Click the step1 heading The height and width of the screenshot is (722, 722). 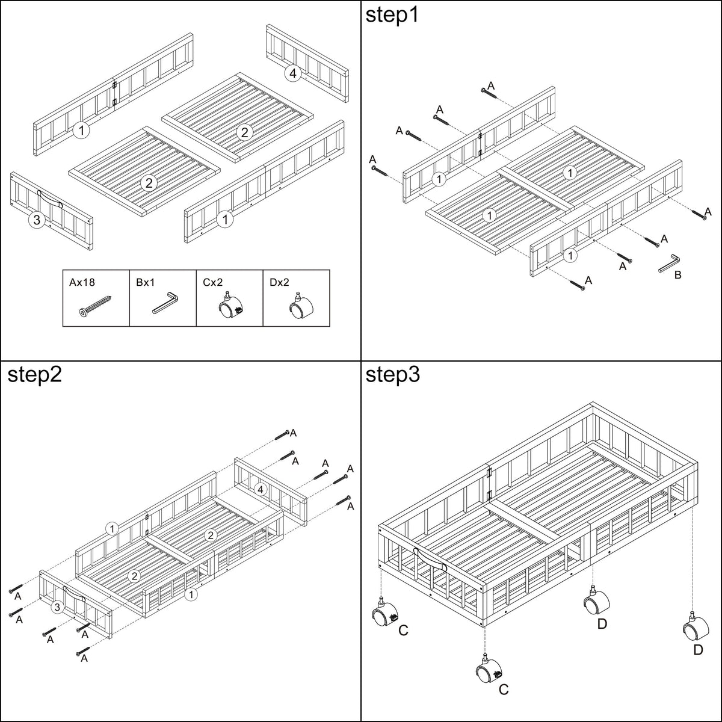tap(392, 16)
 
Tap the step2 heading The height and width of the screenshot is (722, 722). tap(34, 374)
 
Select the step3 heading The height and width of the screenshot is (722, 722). tap(393, 374)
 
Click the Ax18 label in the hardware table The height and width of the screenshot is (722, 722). tap(82, 282)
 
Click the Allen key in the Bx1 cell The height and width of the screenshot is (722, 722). tap(165, 303)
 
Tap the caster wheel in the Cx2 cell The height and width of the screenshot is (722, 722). tap(230, 306)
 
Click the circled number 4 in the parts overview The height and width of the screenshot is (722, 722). tap(293, 73)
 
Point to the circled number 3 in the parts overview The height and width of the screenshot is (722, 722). tap(37, 220)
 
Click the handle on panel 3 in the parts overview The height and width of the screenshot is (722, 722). tap(50, 198)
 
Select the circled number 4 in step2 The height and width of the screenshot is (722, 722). tap(261, 489)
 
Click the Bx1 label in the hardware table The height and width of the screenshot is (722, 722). tap(146, 282)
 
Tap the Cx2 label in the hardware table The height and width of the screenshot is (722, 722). tap(212, 282)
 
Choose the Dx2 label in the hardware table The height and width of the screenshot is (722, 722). tap(279, 282)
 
